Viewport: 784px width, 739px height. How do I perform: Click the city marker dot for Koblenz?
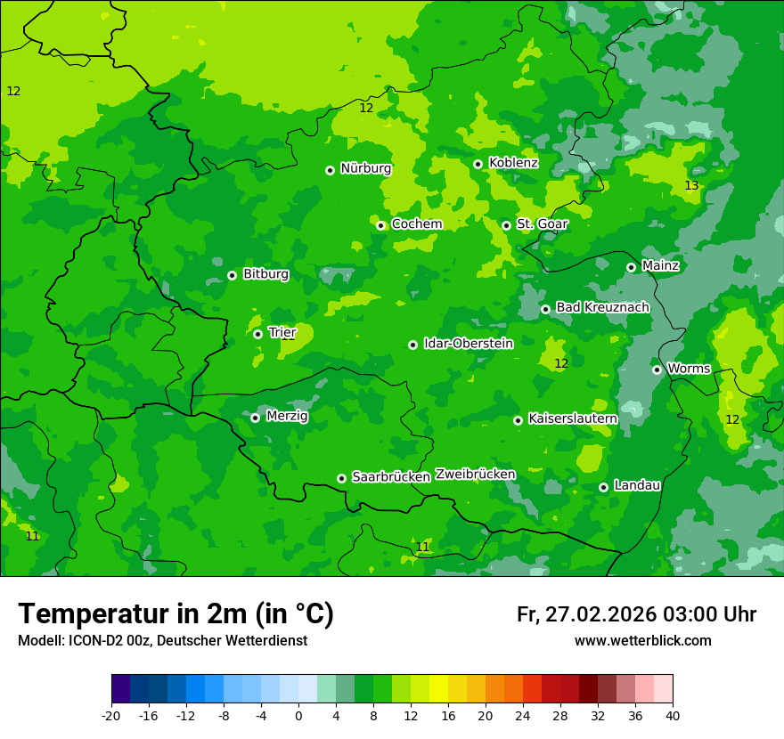point(478,164)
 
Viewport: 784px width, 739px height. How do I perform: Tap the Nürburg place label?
point(365,168)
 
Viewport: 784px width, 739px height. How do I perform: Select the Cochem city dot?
point(380,225)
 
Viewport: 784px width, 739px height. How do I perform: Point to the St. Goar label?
point(542,224)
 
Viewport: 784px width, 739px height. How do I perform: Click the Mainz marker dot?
point(631,267)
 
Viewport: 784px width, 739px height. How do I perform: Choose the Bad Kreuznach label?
point(602,307)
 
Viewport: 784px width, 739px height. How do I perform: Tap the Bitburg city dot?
point(232,275)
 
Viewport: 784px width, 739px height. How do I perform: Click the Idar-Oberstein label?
point(468,344)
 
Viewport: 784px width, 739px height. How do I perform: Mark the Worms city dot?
point(657,369)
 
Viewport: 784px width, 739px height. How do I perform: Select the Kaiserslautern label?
point(573,418)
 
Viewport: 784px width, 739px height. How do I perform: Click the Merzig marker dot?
point(255,418)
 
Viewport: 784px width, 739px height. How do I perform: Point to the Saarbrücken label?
point(391,477)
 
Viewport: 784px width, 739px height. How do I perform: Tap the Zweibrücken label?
point(475,475)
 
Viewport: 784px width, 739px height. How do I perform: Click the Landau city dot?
point(603,487)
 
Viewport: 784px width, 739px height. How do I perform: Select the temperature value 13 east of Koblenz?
point(691,185)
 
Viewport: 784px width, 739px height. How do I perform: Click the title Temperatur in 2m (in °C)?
point(176,613)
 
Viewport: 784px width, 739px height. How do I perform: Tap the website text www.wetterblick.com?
point(642,641)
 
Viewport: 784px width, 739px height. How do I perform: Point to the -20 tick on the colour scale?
point(111,715)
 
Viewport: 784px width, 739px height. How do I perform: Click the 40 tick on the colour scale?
point(673,715)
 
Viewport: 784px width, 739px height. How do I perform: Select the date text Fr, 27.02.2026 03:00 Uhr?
point(636,614)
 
